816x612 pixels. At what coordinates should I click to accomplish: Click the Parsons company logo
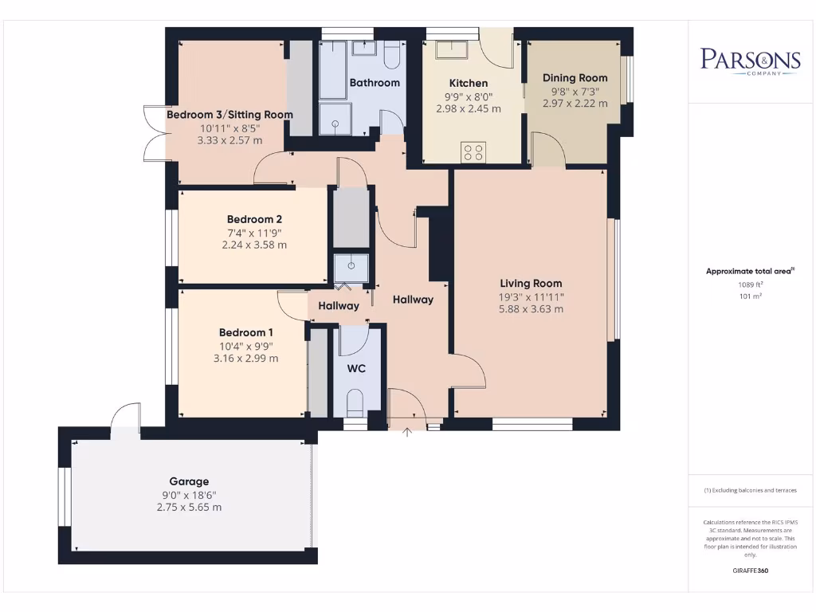tap(750, 61)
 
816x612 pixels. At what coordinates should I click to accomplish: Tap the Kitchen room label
tap(469, 83)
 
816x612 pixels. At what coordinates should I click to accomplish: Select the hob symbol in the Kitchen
tap(473, 151)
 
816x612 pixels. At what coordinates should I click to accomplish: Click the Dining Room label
tap(575, 78)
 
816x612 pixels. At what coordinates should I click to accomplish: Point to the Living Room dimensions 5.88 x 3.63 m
tap(531, 308)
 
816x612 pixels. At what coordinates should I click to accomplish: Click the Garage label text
tap(189, 481)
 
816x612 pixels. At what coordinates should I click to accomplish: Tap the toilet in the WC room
tap(355, 403)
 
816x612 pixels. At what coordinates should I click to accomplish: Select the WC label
tap(356, 370)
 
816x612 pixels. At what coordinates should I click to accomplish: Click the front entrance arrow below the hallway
tap(408, 433)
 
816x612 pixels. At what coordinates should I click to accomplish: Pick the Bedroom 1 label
tap(246, 332)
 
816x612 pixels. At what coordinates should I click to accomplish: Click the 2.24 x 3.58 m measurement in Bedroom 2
tap(254, 245)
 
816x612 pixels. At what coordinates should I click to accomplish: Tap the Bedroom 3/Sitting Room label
tap(229, 115)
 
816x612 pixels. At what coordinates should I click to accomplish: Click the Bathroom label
tap(375, 83)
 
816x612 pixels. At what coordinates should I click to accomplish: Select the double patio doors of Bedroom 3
tap(153, 133)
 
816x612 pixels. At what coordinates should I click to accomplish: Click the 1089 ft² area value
tap(749, 284)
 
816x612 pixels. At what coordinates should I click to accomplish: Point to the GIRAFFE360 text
tap(749, 571)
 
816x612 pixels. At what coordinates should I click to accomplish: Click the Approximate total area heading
tap(749, 272)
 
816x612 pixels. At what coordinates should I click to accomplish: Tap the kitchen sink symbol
tap(452, 52)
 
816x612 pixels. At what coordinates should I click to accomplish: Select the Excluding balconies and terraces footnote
tap(750, 491)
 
